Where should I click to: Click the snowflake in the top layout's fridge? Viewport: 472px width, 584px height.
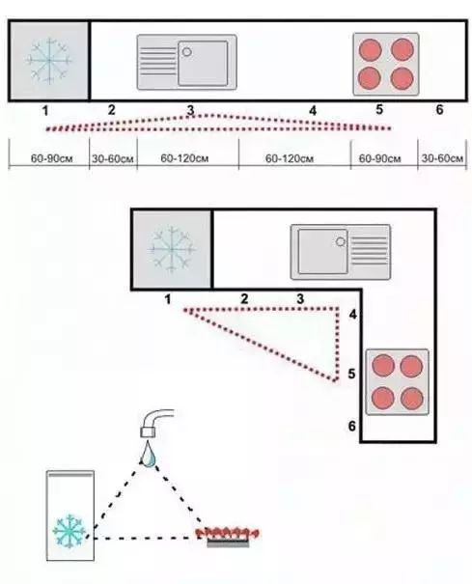coord(49,61)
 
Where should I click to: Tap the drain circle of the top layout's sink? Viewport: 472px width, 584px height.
coord(187,52)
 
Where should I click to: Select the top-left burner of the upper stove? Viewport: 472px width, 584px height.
coord(370,49)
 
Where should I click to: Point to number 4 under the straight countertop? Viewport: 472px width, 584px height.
coord(313,111)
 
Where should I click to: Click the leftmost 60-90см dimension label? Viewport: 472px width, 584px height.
coord(51,158)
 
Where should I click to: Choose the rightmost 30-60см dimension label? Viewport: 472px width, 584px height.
coord(442,158)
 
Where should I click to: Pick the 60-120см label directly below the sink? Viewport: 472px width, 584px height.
coord(184,158)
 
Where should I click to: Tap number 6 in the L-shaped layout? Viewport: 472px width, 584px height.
coord(352,426)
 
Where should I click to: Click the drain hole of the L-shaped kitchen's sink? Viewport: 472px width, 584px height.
coord(341,241)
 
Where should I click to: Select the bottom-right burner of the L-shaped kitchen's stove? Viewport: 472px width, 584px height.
coord(412,398)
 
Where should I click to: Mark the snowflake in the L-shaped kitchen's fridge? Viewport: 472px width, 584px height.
coord(172,249)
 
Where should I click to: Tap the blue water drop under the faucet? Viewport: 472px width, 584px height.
coord(149,454)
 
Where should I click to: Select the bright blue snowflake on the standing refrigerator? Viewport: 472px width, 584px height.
coord(69,531)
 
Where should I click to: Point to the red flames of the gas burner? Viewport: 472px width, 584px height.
coord(228,533)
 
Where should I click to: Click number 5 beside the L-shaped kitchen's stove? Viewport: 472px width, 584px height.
coord(351,374)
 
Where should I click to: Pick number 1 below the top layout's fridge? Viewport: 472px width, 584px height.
coord(45,111)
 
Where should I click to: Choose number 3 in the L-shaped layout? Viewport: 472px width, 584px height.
coord(300,298)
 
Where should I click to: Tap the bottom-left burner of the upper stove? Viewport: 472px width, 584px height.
coord(370,78)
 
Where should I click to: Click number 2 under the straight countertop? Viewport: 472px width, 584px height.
coord(111,110)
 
